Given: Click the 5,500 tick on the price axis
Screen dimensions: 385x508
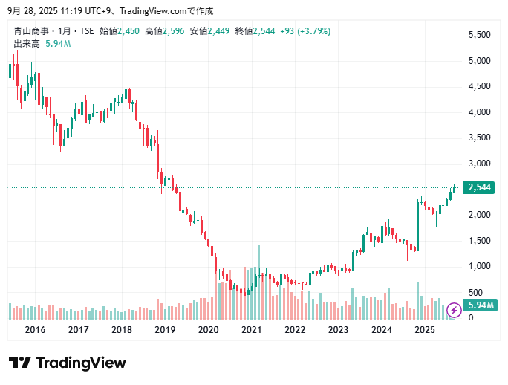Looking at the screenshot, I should tap(479, 35).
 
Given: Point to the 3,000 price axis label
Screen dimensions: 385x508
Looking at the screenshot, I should tap(479, 164).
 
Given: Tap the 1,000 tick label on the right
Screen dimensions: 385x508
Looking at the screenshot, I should tap(479, 266).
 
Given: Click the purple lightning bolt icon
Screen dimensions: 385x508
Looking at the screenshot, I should tap(454, 311).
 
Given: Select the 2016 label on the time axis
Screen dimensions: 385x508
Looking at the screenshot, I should tap(35, 329).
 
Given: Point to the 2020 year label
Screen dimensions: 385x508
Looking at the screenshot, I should tap(209, 329).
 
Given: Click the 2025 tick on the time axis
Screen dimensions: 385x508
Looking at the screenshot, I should tap(425, 329).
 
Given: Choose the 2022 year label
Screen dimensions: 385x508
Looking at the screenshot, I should tap(295, 329).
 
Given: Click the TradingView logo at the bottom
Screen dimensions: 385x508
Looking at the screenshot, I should tap(68, 363).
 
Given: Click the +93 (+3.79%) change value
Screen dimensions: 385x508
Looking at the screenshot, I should tap(306, 31).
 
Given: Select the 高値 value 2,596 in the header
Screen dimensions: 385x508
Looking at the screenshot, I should tap(174, 31).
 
